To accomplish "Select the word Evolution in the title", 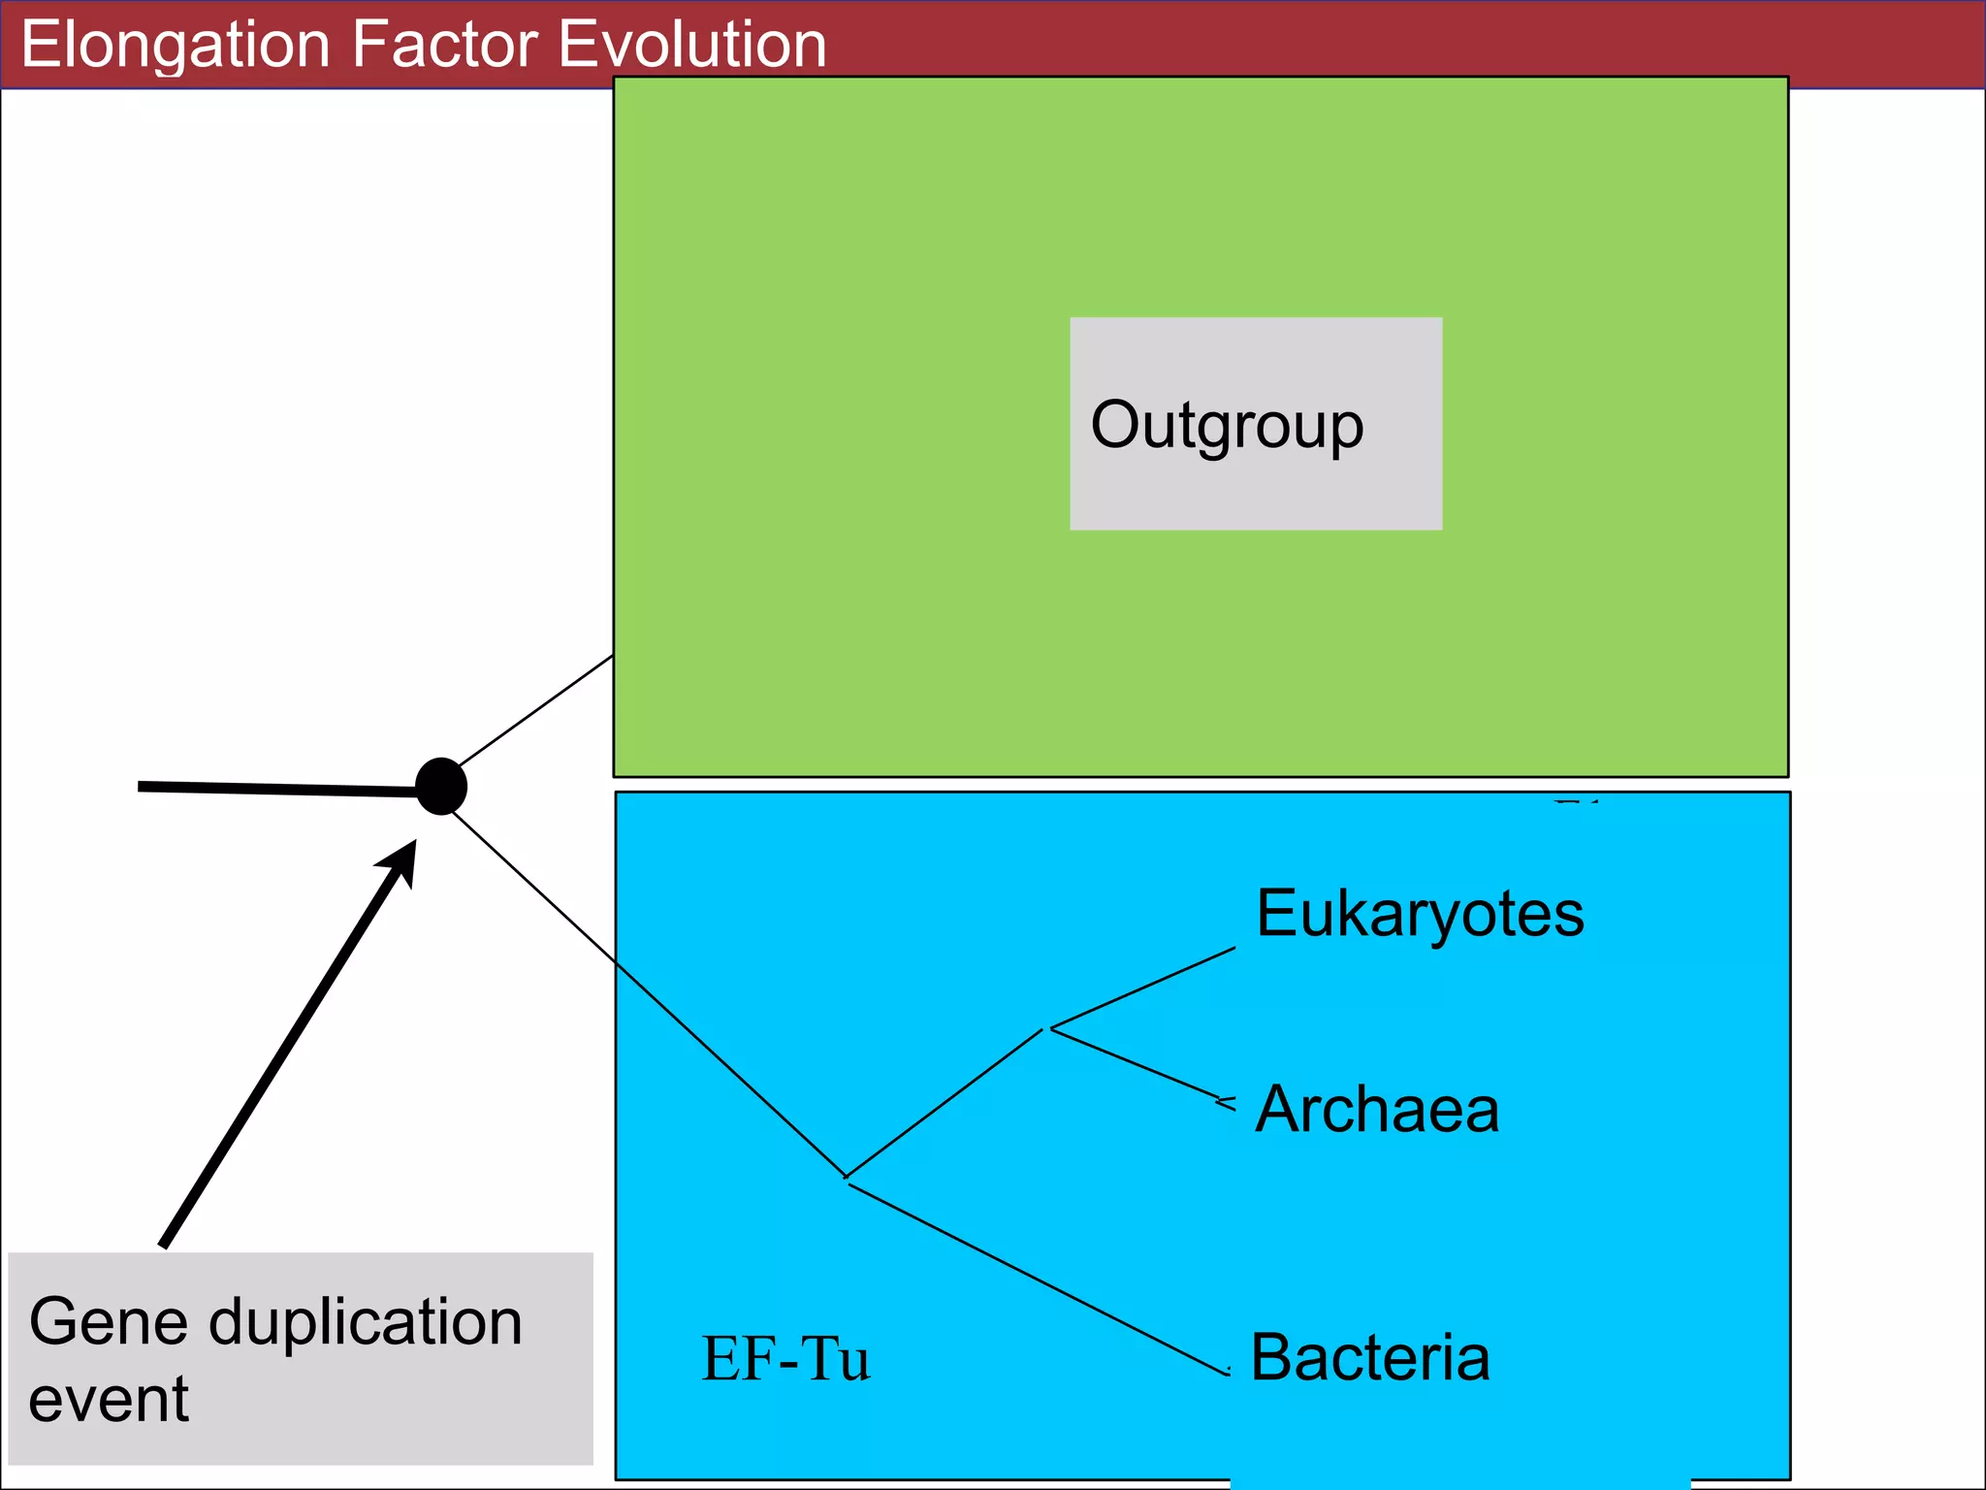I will (692, 45).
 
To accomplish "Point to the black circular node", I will (441, 786).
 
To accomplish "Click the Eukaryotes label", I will (1420, 914).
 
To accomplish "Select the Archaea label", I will (1377, 1109).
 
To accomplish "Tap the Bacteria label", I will (1369, 1357).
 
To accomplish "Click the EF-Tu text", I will (785, 1358).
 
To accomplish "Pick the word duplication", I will (366, 1321).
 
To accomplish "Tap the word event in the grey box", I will (109, 1400).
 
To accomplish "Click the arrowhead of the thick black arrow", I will (402, 859).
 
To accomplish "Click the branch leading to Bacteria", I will (1038, 1279).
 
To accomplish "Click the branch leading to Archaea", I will (1135, 1063).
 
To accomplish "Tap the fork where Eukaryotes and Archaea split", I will (1048, 1028).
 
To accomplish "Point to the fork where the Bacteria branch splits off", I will (848, 1180).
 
